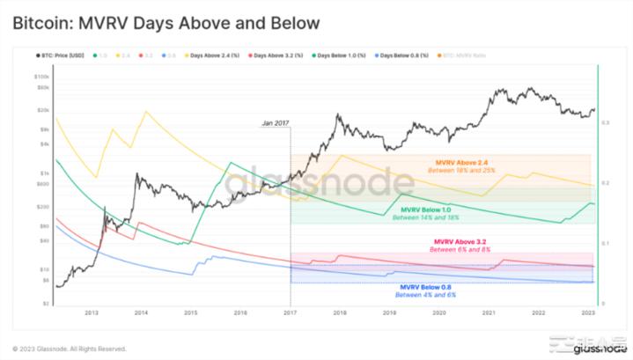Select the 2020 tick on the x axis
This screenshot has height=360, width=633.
click(x=439, y=313)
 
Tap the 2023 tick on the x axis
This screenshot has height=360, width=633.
click(x=589, y=313)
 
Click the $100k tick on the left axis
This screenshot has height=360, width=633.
click(x=41, y=78)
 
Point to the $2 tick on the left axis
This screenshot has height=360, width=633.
click(x=46, y=303)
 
